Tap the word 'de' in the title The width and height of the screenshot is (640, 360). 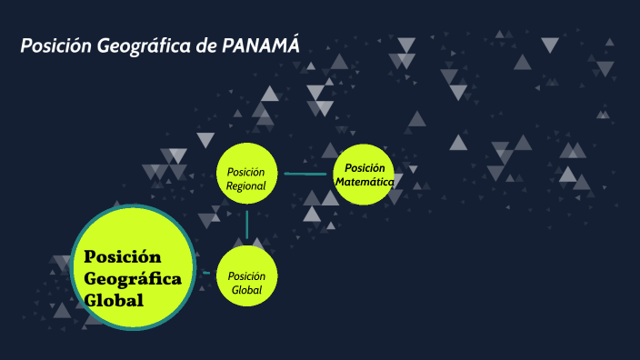point(205,46)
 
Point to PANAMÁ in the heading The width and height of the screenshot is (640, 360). point(261,45)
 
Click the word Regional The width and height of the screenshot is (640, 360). point(246,185)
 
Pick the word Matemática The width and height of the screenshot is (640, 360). point(365,181)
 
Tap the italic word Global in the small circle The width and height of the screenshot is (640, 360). point(246,290)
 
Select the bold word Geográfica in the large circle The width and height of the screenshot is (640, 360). point(133,277)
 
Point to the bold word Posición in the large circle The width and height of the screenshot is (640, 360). point(123,256)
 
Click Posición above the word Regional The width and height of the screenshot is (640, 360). point(246,172)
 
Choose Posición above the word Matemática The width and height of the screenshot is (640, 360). point(365,167)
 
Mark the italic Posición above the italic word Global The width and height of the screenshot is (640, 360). point(246,276)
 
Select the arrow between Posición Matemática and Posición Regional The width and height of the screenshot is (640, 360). point(305,173)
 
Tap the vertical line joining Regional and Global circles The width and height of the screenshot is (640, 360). point(246,224)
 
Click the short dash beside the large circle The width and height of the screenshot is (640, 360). point(208,273)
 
